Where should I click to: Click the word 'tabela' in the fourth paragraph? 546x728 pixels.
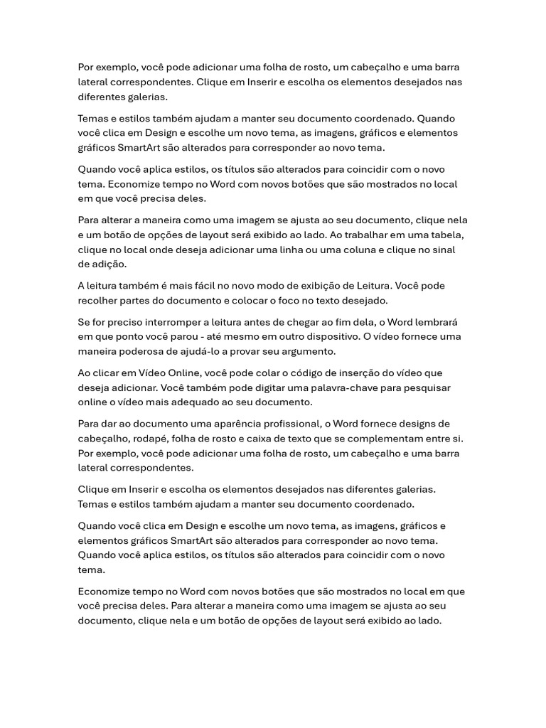[449, 235]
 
